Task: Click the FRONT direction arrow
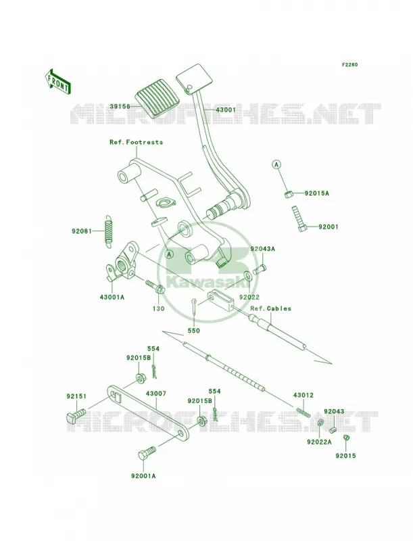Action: point(57,81)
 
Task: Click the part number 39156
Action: point(120,107)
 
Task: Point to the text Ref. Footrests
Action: point(136,142)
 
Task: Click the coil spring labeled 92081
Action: point(109,231)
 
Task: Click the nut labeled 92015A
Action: point(289,195)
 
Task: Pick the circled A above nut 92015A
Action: point(276,165)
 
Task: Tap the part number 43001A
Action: point(112,296)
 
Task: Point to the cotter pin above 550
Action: point(195,306)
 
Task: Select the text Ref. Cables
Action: point(270,308)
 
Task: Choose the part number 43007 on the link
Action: point(156,394)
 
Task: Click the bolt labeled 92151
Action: point(75,415)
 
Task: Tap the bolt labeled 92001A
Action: point(147,452)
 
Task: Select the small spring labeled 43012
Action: point(303,412)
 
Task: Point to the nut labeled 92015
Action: point(347,438)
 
